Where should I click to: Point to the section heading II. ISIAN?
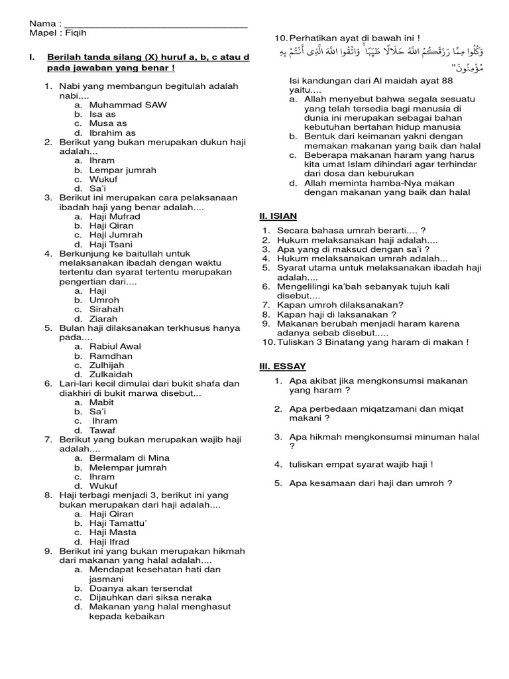(x=278, y=216)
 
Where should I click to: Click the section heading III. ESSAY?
(x=282, y=366)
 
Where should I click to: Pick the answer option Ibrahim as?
(x=112, y=133)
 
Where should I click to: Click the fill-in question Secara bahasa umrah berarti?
(x=351, y=230)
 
